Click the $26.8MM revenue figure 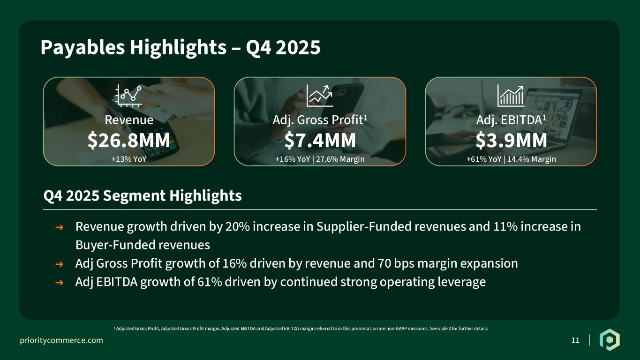[x=129, y=140]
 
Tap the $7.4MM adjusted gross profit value [x=320, y=140]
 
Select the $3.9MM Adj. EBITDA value [x=511, y=140]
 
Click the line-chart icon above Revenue [x=128, y=96]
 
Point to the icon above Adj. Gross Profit [x=320, y=96]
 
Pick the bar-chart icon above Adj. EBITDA [x=511, y=96]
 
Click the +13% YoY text [x=129, y=159]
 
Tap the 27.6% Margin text [x=340, y=159]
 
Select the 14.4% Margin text [x=532, y=159]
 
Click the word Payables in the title [x=83, y=47]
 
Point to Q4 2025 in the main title [x=283, y=47]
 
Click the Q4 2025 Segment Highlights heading [x=143, y=196]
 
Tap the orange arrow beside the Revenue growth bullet [x=59, y=227]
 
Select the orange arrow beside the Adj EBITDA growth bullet [x=59, y=283]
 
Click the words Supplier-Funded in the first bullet [x=364, y=226]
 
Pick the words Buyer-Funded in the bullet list [x=115, y=245]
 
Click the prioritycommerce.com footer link [x=61, y=340]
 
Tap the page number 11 [x=575, y=340]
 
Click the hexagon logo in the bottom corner [x=610, y=340]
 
